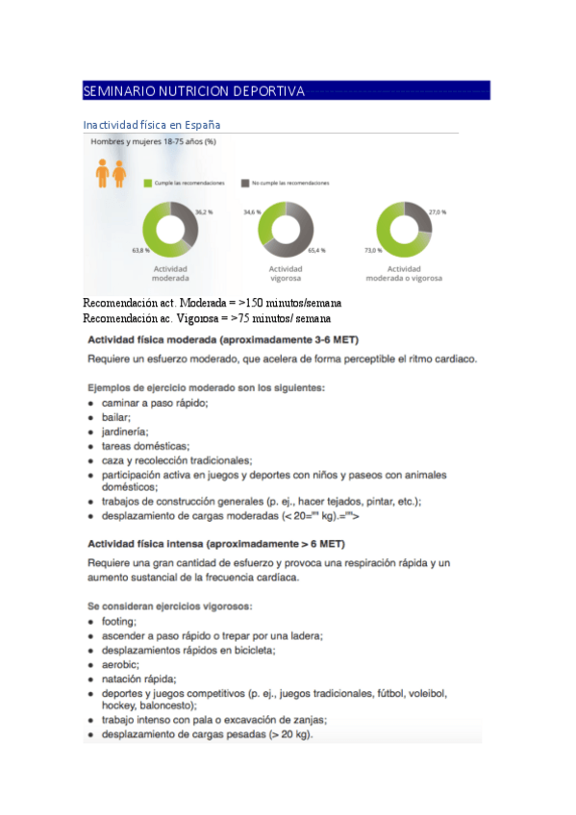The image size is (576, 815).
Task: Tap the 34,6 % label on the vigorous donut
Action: point(252,211)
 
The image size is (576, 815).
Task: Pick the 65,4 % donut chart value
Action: point(315,250)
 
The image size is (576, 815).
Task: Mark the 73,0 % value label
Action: point(372,250)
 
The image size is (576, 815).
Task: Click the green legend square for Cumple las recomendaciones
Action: point(147,182)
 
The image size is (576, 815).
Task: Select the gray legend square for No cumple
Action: point(245,182)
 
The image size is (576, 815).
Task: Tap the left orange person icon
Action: point(102,173)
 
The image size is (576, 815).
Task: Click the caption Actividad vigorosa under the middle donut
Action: point(286,274)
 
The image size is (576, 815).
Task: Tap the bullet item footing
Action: point(118,621)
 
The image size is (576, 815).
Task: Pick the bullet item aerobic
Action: point(120,664)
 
